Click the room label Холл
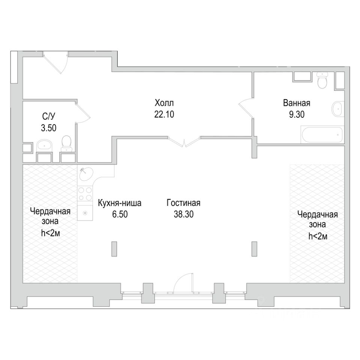click(x=164, y=103)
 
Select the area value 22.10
click(x=164, y=114)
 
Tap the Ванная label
click(x=297, y=103)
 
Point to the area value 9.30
click(x=297, y=114)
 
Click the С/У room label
click(x=49, y=116)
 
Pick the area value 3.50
click(x=49, y=128)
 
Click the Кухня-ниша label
click(x=120, y=203)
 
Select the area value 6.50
click(x=120, y=214)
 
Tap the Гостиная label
click(x=183, y=203)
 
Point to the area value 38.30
click(x=184, y=214)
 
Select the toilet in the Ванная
click(x=322, y=80)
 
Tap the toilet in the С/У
click(x=67, y=143)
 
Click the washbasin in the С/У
click(x=44, y=145)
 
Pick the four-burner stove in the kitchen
click(x=85, y=194)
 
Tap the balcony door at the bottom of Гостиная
click(x=183, y=283)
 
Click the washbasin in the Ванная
click(x=337, y=109)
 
